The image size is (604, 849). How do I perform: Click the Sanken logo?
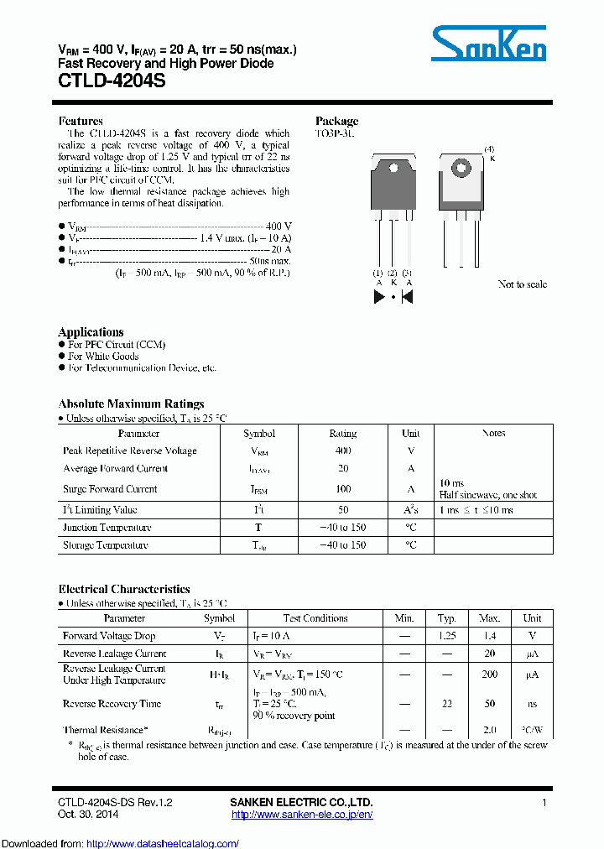[x=488, y=43]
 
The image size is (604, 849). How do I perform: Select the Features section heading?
[x=81, y=121]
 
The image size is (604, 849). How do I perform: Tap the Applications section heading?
[x=91, y=331]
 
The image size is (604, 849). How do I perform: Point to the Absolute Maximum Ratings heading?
[x=131, y=404]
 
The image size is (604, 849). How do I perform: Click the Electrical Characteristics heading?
[x=124, y=589]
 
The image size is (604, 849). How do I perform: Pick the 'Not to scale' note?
[x=522, y=284]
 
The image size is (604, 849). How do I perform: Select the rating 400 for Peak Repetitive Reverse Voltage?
[x=342, y=451]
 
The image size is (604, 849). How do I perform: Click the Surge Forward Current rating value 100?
[x=342, y=489]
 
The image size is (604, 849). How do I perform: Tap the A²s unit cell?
[x=411, y=510]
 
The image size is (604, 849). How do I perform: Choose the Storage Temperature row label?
[x=106, y=545]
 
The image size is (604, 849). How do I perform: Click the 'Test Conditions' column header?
[x=315, y=618]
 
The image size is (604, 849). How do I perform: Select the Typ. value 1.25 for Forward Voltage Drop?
[x=446, y=636]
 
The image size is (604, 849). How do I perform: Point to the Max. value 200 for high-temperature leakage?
[x=489, y=674]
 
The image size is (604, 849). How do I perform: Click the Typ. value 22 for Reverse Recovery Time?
[x=446, y=704]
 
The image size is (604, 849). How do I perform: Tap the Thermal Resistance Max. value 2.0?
[x=489, y=730]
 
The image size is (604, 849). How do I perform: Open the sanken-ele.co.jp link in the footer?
[x=301, y=815]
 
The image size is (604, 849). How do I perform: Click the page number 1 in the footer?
[x=544, y=803]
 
